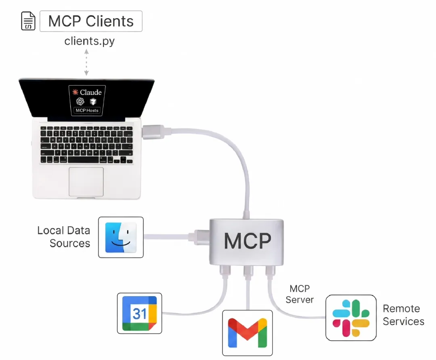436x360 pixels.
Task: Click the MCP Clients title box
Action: [91, 21]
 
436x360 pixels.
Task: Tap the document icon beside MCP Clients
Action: [28, 21]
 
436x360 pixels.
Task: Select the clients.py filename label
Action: [90, 41]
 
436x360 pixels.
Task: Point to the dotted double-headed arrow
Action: [86, 62]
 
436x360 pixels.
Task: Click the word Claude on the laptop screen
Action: [91, 92]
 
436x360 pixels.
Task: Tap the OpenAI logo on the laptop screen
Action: [80, 101]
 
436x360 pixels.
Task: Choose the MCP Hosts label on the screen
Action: [87, 110]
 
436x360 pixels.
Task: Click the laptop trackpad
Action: [86, 182]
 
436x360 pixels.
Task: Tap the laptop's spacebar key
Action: [83, 160]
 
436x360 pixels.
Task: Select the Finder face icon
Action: [121, 237]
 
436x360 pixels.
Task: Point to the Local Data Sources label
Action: [64, 237]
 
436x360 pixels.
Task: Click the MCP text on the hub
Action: [247, 241]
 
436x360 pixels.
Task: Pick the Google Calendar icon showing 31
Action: [139, 313]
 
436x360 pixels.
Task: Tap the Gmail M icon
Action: [247, 333]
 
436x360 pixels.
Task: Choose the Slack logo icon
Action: [351, 318]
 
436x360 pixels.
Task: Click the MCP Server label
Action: [300, 294]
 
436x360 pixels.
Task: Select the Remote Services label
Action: [403, 315]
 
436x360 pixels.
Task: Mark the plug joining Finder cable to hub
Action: [199, 237]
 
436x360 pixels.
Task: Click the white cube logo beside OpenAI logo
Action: [93, 101]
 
